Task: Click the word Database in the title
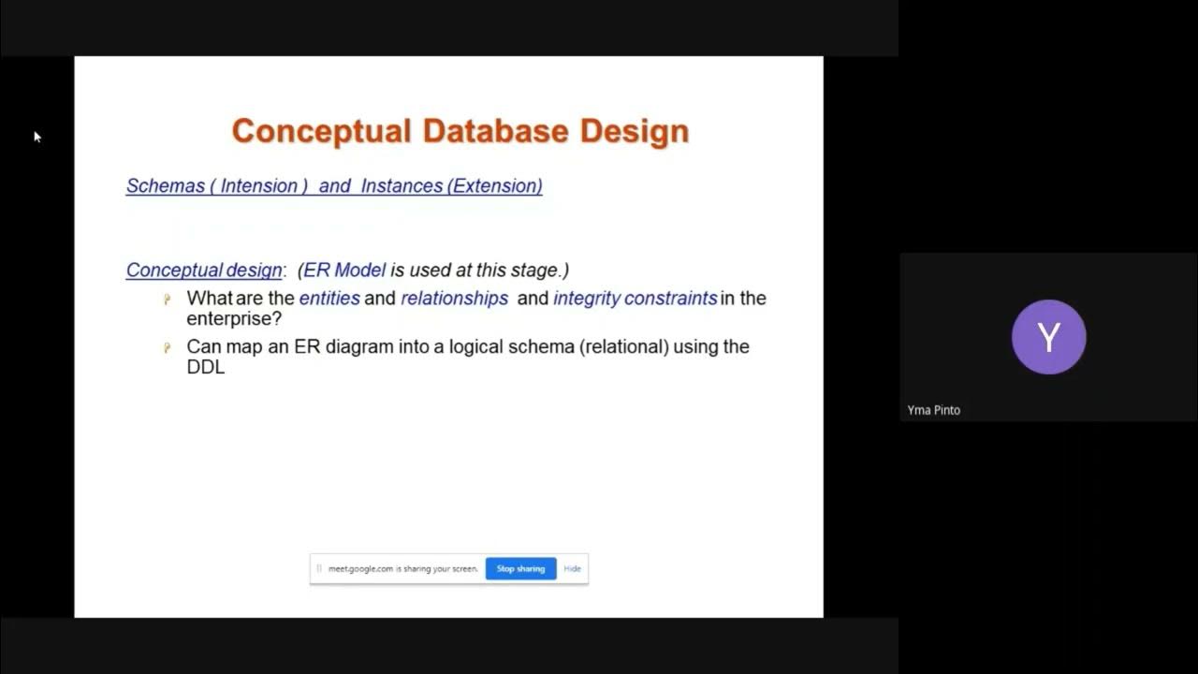pyautogui.click(x=496, y=131)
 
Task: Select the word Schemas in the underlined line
pyautogui.click(x=166, y=186)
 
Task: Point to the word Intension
pyautogui.click(x=258, y=186)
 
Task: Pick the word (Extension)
pyautogui.click(x=495, y=186)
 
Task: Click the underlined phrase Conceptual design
pyautogui.click(x=204, y=271)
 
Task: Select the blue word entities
pyautogui.click(x=329, y=299)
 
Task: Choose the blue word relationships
pyautogui.click(x=454, y=299)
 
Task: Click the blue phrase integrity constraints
pyautogui.click(x=635, y=299)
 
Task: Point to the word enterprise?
pyautogui.click(x=234, y=319)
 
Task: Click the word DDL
pyautogui.click(x=206, y=367)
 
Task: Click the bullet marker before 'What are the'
pyautogui.click(x=168, y=300)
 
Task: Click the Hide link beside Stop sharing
pyautogui.click(x=572, y=568)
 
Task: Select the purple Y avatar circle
pyautogui.click(x=1048, y=337)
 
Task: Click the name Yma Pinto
pyautogui.click(x=933, y=410)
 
